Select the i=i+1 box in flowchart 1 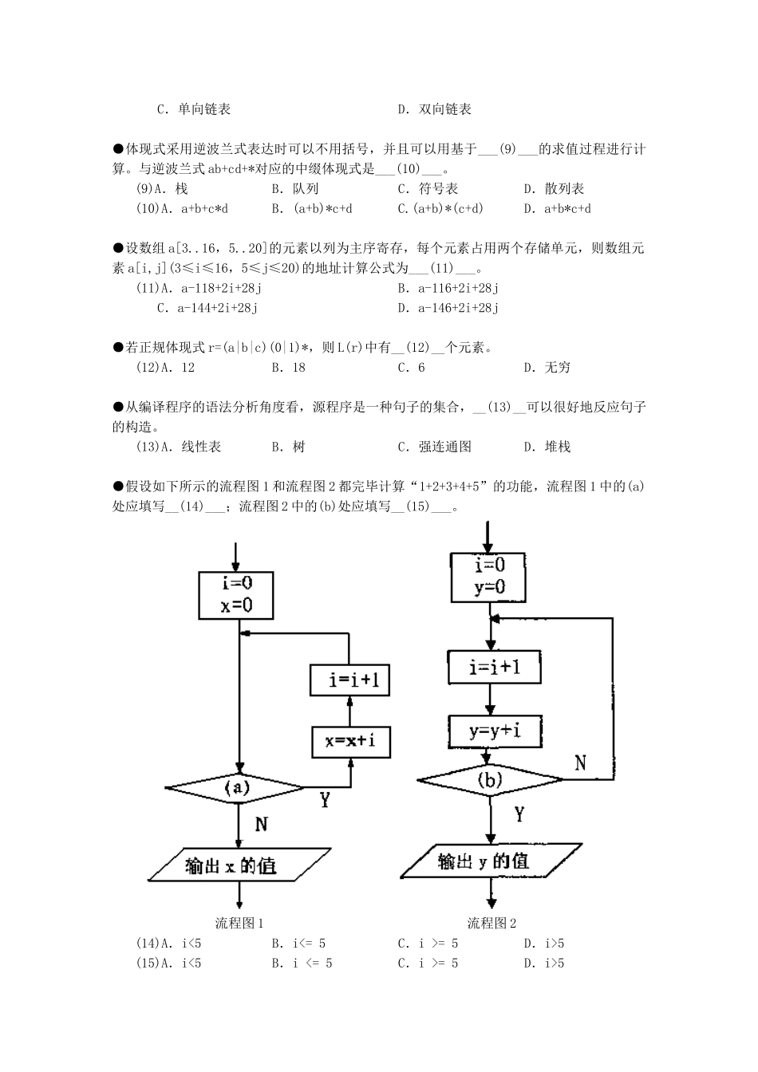tap(349, 680)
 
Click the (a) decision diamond tap(236, 788)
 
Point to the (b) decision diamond tap(490, 780)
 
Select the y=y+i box tap(495, 730)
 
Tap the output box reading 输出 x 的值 tap(239, 865)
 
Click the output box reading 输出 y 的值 tap(490, 861)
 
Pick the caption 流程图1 tap(239, 923)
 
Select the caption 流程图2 tap(492, 923)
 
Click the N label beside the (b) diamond tap(580, 763)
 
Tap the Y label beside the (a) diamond tap(325, 798)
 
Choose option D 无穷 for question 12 tap(547, 368)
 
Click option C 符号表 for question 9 tap(428, 189)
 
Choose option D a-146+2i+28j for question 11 tap(448, 308)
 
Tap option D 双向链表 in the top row tap(435, 109)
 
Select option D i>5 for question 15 tap(544, 963)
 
